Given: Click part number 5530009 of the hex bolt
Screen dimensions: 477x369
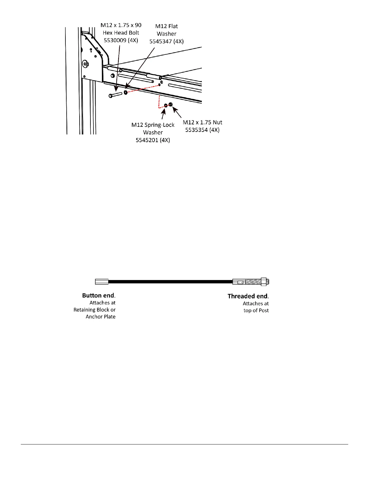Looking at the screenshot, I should click(x=116, y=40).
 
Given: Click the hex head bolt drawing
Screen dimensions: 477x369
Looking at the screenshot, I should click(x=115, y=95).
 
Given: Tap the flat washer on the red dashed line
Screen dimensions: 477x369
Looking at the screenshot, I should click(x=126, y=92).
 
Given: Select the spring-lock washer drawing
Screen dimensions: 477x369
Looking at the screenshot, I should click(x=166, y=105).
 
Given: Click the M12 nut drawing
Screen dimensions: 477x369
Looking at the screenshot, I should click(x=171, y=104).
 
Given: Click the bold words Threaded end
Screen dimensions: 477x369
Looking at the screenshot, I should click(x=248, y=296).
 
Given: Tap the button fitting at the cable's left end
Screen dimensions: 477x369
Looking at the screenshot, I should click(x=102, y=282).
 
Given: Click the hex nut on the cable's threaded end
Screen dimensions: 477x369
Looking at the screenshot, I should click(x=263, y=282).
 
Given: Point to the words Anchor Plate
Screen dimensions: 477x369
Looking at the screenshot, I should click(x=100, y=316).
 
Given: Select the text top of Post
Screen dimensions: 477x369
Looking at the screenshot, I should click(x=256, y=310).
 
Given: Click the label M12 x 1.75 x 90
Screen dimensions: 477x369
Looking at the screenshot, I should click(x=121, y=25).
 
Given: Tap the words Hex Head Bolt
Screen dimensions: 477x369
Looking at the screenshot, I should click(x=121, y=33).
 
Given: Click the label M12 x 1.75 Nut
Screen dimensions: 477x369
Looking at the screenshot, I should click(x=202, y=122).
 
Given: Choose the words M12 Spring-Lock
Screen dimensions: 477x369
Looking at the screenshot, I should click(x=153, y=125).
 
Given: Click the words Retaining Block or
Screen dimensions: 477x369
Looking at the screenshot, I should click(x=94, y=310).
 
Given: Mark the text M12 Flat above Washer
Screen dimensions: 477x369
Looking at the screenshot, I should click(x=166, y=26).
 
